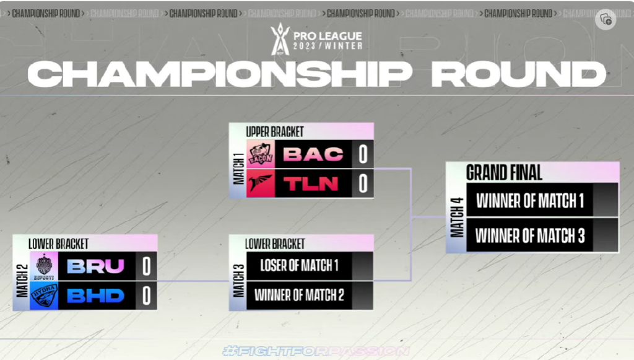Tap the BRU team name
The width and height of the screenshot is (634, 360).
(95, 266)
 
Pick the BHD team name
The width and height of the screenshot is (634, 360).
(95, 296)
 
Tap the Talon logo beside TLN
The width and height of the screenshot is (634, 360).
(261, 183)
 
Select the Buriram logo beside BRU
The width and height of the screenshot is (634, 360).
(44, 266)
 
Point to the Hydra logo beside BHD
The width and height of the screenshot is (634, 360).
(44, 296)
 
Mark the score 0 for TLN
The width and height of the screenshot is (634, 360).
(363, 183)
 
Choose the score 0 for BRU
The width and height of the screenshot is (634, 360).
(147, 266)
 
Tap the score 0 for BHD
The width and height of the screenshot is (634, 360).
(147, 296)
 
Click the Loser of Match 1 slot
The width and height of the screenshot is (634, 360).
(299, 266)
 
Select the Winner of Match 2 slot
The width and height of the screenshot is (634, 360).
(299, 295)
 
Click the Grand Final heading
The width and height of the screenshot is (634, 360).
(504, 172)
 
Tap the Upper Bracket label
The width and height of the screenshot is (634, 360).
(275, 131)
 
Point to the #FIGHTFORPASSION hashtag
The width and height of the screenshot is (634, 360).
(316, 351)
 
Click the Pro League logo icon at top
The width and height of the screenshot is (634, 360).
(280, 38)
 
